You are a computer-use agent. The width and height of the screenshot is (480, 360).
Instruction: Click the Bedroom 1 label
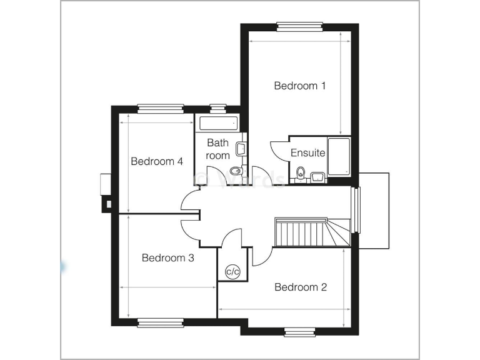pyautogui.click(x=300, y=86)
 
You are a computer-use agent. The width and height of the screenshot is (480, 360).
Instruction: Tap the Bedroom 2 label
pyautogui.click(x=301, y=287)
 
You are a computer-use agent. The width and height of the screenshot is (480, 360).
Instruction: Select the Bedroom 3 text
pyautogui.click(x=167, y=257)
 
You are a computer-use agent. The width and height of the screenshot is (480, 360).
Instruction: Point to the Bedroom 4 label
pyautogui.click(x=156, y=161)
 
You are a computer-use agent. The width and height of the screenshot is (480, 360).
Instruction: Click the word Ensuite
pyautogui.click(x=308, y=153)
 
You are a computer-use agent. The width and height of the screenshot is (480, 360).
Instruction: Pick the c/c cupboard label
pyautogui.click(x=232, y=271)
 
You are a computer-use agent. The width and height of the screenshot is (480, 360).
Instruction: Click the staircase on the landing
pyautogui.click(x=306, y=232)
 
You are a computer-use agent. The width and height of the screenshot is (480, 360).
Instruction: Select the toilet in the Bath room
pyautogui.click(x=236, y=171)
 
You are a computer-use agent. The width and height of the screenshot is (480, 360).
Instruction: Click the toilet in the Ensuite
pyautogui.click(x=301, y=173)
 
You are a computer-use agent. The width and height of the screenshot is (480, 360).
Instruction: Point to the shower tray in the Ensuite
pyautogui.click(x=339, y=156)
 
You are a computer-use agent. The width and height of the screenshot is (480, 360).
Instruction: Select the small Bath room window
pyautogui.click(x=218, y=108)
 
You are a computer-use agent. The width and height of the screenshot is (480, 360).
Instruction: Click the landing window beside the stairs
pyautogui.click(x=357, y=210)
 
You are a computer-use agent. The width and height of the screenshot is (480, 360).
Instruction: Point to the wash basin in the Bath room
pyautogui.click(x=241, y=149)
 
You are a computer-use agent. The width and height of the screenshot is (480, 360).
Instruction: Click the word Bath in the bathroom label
pyautogui.click(x=217, y=143)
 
